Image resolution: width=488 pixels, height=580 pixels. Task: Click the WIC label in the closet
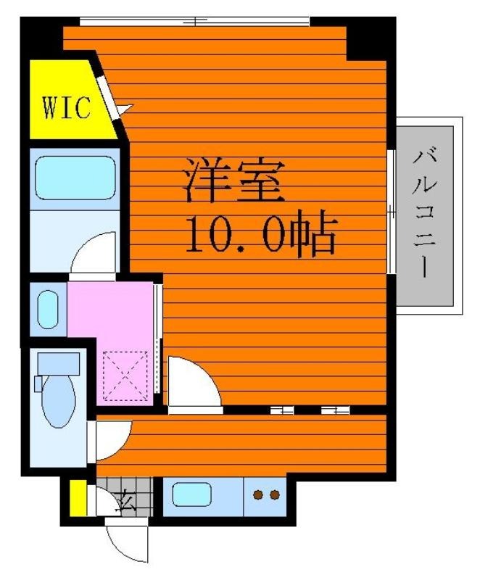click(x=67, y=107)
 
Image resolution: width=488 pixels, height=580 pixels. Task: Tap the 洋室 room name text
click(x=234, y=180)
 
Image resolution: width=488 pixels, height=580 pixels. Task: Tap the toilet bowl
click(x=59, y=402)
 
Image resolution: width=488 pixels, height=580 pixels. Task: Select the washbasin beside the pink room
click(x=48, y=310)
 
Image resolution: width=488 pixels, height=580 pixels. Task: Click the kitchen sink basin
click(x=191, y=494)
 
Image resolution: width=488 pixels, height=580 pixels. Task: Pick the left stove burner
click(x=258, y=494)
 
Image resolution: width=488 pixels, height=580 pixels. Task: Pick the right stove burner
click(x=275, y=494)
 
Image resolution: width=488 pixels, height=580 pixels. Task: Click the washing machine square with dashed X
click(x=125, y=376)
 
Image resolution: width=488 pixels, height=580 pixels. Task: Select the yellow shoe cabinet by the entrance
click(x=78, y=497)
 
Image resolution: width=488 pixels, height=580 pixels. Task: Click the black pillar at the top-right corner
click(x=371, y=38)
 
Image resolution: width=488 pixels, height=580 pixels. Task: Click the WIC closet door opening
click(x=108, y=97)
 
